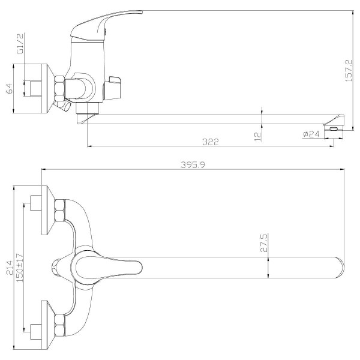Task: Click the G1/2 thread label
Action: click(x=20, y=43)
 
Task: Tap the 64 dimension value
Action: click(x=10, y=89)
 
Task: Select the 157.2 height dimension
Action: click(x=348, y=70)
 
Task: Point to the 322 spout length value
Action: click(x=211, y=142)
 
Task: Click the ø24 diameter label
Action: click(x=311, y=134)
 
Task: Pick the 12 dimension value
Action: click(x=258, y=136)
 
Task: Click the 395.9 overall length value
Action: click(x=193, y=164)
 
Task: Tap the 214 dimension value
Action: click(x=10, y=268)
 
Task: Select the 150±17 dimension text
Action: click(x=20, y=268)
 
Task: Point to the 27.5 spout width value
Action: click(x=264, y=243)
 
